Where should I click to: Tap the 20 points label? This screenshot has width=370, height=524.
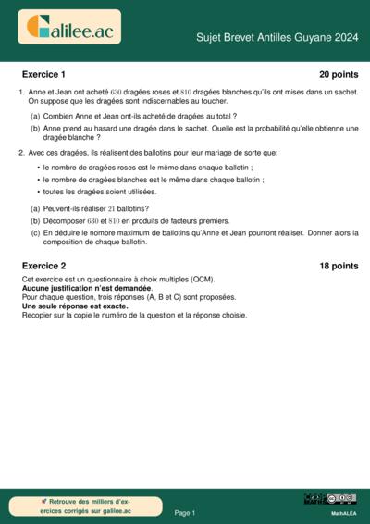pos(338,73)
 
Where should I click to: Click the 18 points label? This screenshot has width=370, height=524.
pos(338,266)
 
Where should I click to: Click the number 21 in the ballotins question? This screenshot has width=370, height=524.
pos(112,209)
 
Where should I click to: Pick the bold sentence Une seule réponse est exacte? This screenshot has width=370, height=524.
pos(75,306)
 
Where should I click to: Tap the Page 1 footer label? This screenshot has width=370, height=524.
pos(185,511)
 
